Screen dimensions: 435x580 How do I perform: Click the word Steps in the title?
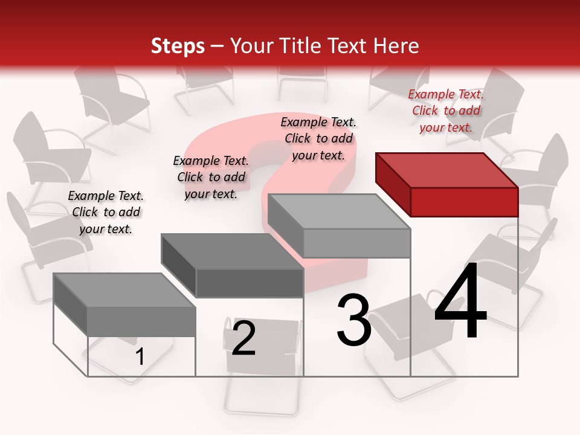[178, 46]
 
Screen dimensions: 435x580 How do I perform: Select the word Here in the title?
[396, 46]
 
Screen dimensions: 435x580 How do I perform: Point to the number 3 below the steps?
[353, 320]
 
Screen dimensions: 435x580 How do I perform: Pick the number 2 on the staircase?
[243, 338]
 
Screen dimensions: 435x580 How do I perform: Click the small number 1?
[140, 356]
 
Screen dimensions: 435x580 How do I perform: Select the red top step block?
[447, 184]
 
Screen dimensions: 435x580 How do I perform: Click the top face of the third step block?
[338, 211]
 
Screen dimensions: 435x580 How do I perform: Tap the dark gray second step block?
[233, 266]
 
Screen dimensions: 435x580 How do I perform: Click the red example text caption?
[446, 111]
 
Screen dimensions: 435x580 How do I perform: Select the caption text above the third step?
[318, 138]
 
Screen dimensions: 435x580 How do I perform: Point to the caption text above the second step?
[211, 177]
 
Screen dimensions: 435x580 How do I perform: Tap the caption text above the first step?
[105, 212]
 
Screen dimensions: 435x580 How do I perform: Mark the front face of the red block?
[464, 201]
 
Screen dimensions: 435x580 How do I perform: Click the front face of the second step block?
[250, 283]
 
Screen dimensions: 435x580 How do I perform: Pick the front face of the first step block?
[141, 321]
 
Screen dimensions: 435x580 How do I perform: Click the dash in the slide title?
[217, 46]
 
